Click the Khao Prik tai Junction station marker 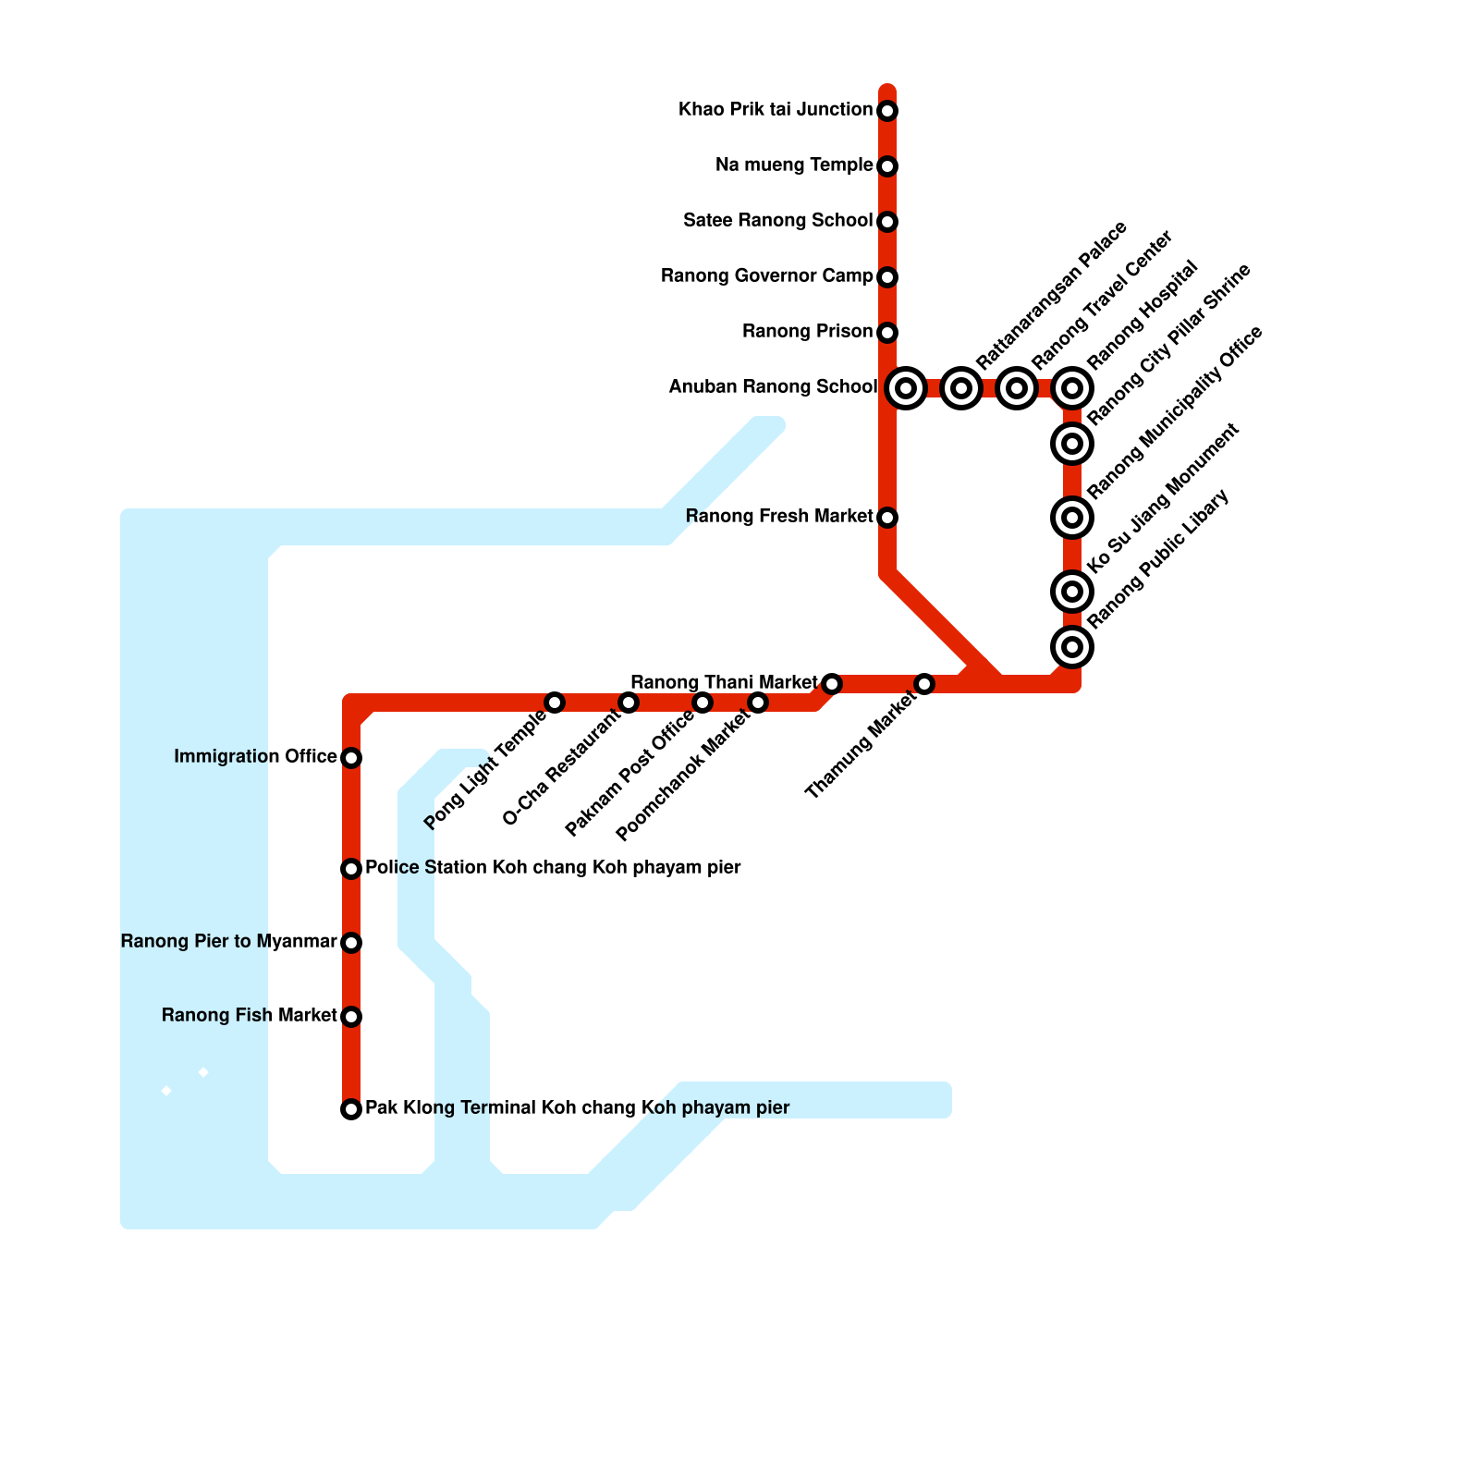pos(887,111)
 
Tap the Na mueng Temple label pos(794,165)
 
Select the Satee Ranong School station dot pos(887,222)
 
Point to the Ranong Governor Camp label pos(766,276)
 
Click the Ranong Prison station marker pos(887,333)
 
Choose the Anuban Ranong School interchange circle pos(906,388)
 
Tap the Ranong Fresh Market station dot pos(887,518)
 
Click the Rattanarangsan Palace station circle pos(961,388)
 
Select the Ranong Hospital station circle pos(1072,388)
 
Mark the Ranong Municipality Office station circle pos(1072,518)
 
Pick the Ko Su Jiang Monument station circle pos(1072,592)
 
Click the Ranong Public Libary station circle pos(1072,647)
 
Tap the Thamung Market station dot pos(924,684)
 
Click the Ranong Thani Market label pos(724,683)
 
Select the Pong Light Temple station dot pos(555,703)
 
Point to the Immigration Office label pos(255,757)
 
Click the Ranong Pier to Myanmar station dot pos(351,943)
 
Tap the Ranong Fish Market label pos(249,1016)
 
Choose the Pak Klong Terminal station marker pos(351,1109)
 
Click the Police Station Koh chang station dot pos(351,869)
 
